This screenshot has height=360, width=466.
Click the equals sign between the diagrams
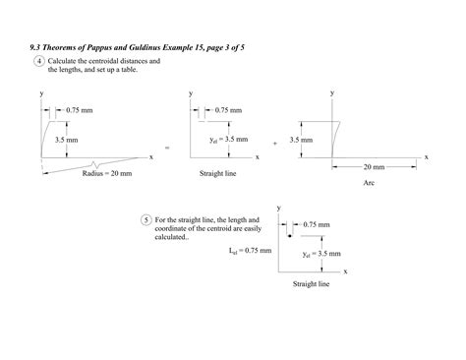pyautogui.click(x=167, y=148)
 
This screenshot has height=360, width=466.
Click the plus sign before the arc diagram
pyautogui.click(x=274, y=143)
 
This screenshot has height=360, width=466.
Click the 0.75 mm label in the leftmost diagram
pyautogui.click(x=80, y=110)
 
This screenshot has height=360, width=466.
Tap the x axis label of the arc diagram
pyautogui.click(x=427, y=156)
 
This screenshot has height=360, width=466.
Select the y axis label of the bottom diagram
pyautogui.click(x=279, y=208)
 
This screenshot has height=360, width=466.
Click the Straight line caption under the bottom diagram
pyautogui.click(x=311, y=284)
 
